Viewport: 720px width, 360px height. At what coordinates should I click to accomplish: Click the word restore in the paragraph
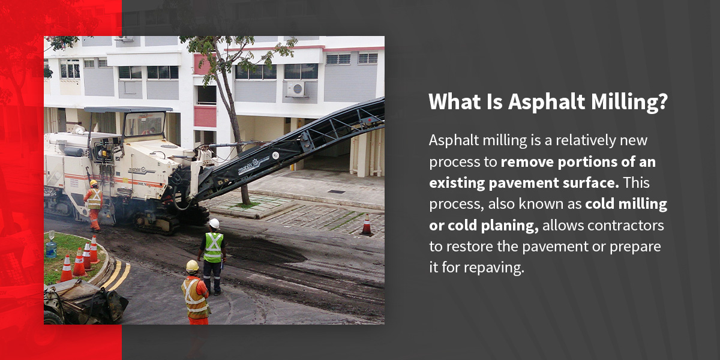471,247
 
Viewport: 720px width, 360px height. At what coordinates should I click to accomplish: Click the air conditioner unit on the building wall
295,89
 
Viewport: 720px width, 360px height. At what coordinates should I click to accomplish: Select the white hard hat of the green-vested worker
214,223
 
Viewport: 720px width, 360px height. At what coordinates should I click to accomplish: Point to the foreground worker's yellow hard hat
192,266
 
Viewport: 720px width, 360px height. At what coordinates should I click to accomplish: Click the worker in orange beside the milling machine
94,205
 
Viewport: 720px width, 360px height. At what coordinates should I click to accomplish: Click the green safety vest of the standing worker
213,247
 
